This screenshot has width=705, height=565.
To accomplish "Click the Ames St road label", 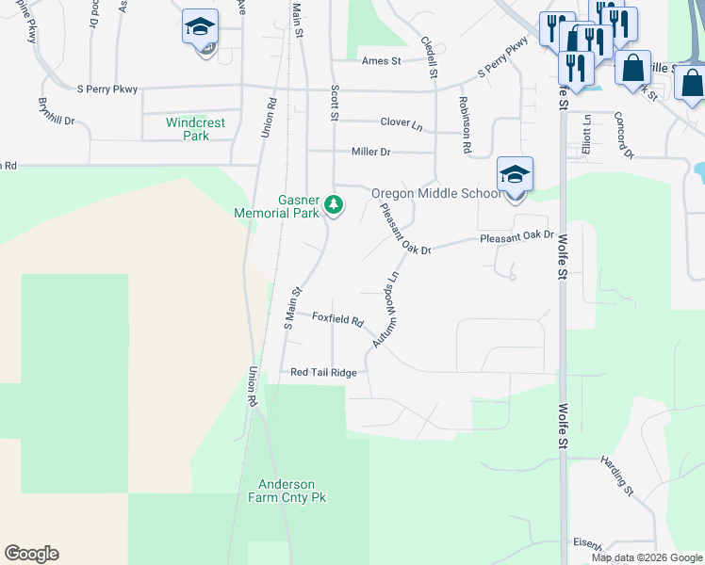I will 382,61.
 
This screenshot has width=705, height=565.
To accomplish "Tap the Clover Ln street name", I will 402,122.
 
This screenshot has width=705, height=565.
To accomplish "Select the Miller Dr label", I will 370,152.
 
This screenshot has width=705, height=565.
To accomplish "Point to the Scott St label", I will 334,102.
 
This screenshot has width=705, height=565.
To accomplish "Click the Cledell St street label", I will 431,57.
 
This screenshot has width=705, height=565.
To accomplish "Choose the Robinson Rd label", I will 465,124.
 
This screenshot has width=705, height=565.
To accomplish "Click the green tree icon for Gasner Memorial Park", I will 333,203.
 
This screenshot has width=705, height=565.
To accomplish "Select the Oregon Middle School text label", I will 435,194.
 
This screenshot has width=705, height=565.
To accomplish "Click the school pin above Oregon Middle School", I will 515,175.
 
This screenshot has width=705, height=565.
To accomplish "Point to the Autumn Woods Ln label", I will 386,310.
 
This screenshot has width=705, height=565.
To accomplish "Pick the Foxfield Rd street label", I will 337,320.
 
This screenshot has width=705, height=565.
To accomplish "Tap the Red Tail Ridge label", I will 323,373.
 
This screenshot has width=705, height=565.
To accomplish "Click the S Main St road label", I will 293,308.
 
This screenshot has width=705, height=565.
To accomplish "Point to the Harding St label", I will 618,474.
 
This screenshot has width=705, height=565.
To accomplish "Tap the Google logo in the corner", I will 31,554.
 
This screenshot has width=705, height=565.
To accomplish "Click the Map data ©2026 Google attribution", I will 647,557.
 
